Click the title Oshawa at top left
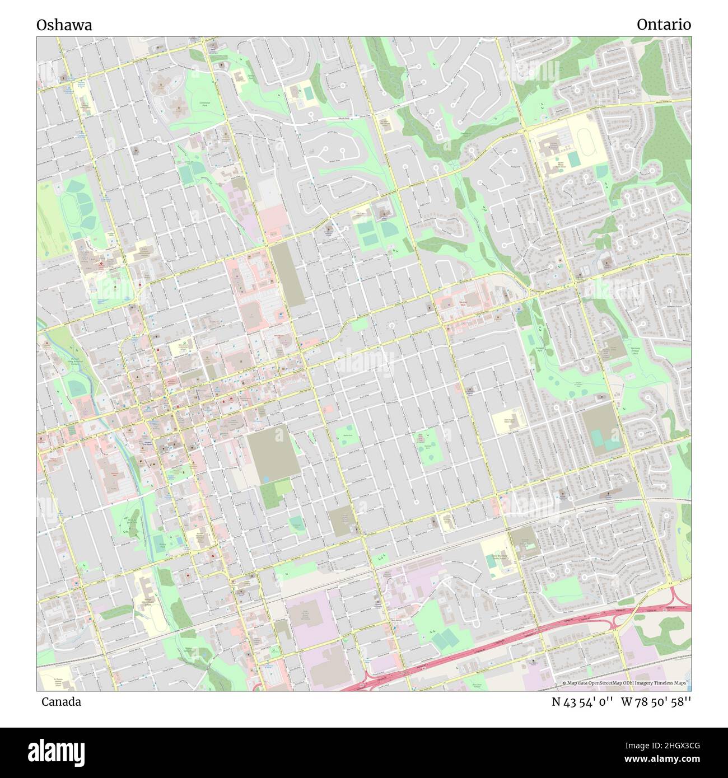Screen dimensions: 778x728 point(64,25)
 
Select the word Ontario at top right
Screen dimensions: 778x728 point(664,25)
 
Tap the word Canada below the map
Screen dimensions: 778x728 point(60,702)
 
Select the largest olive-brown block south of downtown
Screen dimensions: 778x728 point(273,454)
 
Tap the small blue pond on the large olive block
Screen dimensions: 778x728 point(265,480)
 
